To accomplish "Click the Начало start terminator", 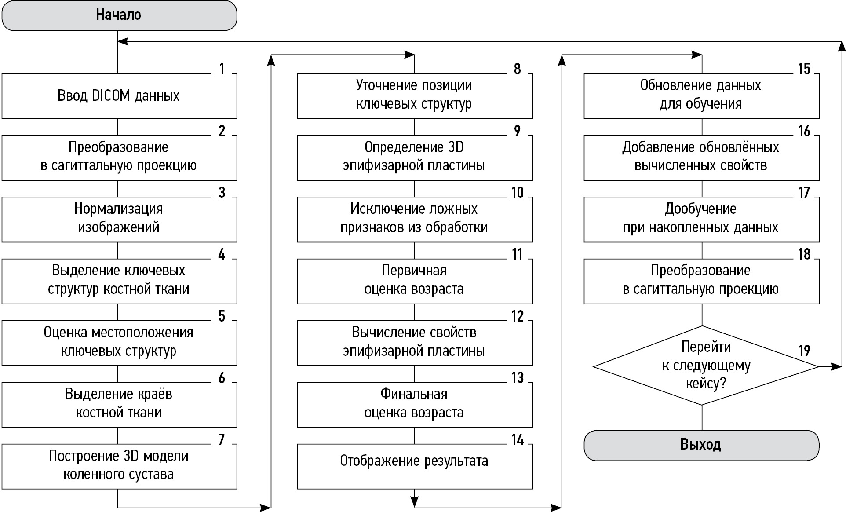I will (x=119, y=15).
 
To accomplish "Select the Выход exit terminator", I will (x=701, y=445).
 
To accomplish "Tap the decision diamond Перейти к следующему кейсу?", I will (x=705, y=366).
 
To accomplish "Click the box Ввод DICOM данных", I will (x=119, y=96).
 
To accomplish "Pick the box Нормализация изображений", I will (x=119, y=219).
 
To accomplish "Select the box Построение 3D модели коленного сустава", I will (x=119, y=465).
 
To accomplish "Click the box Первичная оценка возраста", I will (x=414, y=280).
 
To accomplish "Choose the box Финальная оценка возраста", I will (x=414, y=404).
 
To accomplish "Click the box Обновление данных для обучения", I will (x=701, y=95).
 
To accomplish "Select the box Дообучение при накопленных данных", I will (x=701, y=219).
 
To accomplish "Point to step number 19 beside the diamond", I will (x=804, y=351).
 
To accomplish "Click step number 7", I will (x=222, y=439).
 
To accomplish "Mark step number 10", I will (x=518, y=193).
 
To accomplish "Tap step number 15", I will (x=804, y=69).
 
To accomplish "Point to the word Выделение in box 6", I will (x=90, y=394).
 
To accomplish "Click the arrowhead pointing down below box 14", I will (x=414, y=501).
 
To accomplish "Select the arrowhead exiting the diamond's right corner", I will (x=836, y=366).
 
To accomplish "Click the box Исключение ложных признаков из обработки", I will (x=414, y=219).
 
